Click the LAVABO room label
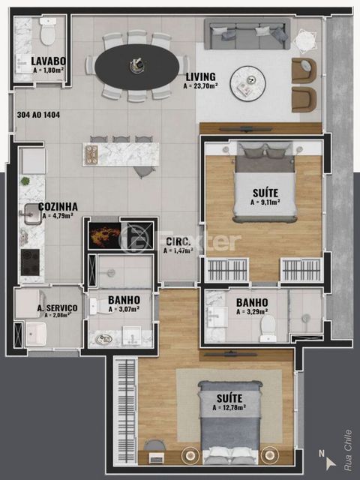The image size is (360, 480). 49,61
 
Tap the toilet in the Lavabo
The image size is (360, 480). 49,31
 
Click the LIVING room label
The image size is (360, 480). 201,76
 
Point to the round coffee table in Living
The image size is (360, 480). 248,83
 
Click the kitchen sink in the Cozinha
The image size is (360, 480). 30,215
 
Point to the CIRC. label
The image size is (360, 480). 176,241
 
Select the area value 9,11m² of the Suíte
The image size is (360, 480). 265,202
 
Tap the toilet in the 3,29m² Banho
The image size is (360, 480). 268,327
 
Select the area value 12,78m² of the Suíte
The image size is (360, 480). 234,408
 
